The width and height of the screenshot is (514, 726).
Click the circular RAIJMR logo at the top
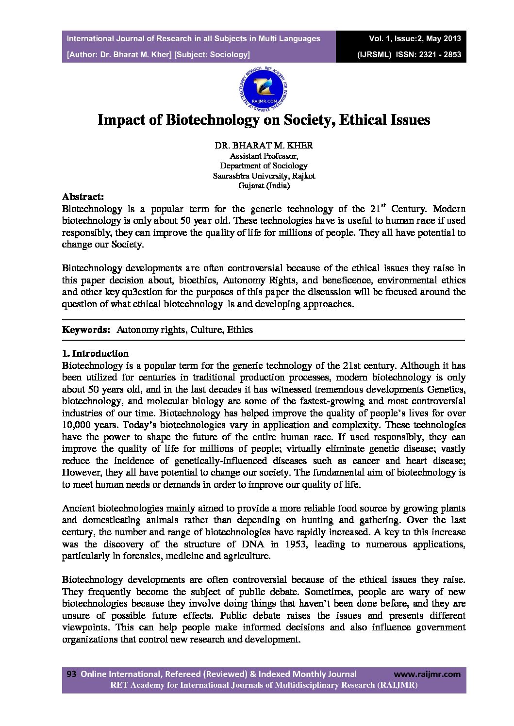(x=264, y=88)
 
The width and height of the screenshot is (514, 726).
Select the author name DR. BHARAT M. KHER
(x=264, y=145)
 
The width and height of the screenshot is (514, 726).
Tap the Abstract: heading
(x=83, y=197)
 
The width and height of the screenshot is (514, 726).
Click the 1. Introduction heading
(x=95, y=353)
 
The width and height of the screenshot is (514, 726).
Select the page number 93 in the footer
(x=71, y=674)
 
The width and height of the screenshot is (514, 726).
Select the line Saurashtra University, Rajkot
(x=264, y=176)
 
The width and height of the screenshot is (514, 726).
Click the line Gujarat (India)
(x=264, y=185)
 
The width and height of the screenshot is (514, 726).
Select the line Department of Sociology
(x=264, y=165)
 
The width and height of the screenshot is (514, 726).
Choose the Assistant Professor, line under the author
(x=264, y=156)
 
